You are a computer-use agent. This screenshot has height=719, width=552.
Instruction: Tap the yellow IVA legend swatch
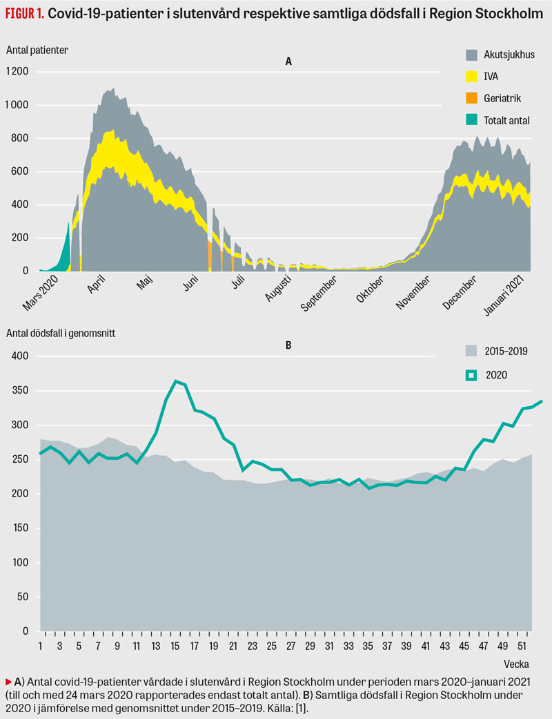472,76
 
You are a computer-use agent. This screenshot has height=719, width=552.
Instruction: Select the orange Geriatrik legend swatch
472,98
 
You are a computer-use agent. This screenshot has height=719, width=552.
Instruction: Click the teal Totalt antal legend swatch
472,119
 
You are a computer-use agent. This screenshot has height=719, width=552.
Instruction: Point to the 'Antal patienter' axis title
37,50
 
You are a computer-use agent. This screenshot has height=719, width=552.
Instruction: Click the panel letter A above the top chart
289,61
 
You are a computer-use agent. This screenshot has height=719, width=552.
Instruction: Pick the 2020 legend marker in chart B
472,374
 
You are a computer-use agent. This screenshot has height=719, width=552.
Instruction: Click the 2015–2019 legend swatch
472,351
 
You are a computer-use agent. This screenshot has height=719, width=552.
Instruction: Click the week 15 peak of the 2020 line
177,381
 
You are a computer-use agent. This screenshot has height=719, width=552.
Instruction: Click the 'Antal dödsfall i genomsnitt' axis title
61,333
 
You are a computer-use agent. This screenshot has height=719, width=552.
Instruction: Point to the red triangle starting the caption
8,681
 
